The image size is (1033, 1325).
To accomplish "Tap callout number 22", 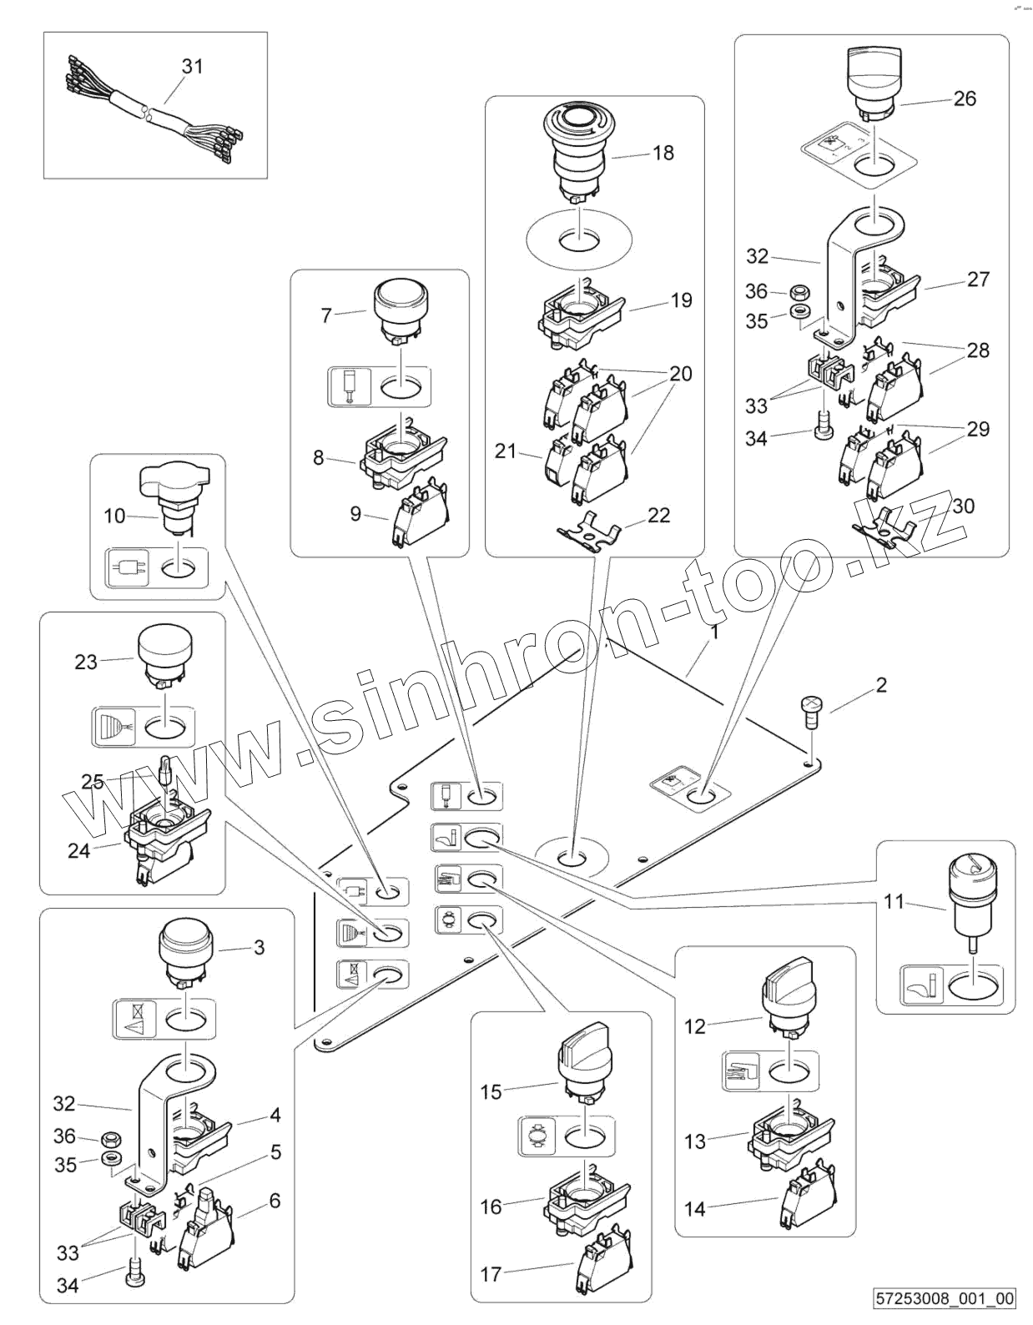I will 658,516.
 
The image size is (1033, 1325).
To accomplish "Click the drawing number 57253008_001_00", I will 945,1298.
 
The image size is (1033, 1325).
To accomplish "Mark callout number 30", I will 963,506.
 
